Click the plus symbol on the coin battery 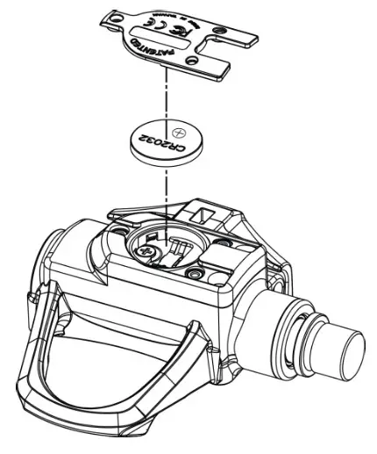[180, 133]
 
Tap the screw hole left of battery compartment [115, 233]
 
